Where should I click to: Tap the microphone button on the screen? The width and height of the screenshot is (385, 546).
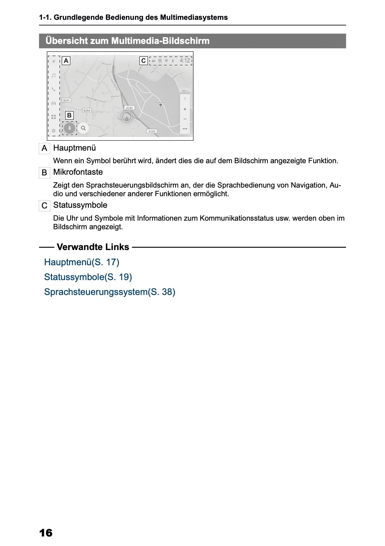69,128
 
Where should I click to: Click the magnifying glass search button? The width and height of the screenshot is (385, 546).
83,128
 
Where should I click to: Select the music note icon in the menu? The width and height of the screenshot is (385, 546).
54,75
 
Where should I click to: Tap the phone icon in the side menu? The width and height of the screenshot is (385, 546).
54,89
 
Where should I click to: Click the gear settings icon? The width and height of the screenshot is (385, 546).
54,130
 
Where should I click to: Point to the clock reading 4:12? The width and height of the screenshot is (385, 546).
185,60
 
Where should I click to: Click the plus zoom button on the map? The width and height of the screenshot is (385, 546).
185,109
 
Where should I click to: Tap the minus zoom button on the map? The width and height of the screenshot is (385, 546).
185,119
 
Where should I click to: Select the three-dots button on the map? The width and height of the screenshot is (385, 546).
185,128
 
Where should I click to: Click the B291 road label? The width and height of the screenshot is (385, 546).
66,100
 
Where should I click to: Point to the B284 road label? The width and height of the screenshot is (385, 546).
87,110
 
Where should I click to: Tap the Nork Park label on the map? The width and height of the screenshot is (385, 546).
161,103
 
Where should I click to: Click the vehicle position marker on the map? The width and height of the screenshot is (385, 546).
127,117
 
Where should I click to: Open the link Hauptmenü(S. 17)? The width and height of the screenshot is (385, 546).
82,262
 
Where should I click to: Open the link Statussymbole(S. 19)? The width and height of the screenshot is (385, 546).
88,277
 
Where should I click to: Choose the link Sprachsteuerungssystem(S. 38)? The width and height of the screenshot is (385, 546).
109,292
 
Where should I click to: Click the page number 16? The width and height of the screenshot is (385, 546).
46,532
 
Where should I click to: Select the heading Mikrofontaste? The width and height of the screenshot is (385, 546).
78,172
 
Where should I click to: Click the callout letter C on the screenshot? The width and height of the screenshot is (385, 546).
143,61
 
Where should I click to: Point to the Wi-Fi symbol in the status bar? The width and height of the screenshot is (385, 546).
166,61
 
